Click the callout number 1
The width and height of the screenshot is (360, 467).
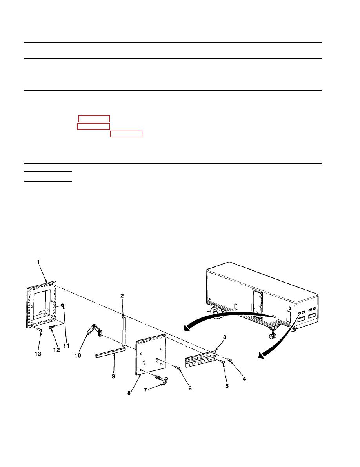38,262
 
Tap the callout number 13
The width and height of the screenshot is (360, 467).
38,354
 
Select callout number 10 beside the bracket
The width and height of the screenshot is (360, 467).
77,355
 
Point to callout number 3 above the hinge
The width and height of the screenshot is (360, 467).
225,337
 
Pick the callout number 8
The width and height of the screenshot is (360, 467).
129,393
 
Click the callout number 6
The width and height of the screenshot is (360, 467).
190,389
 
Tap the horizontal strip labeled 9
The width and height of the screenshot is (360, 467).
111,353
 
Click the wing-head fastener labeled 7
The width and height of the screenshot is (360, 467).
161,379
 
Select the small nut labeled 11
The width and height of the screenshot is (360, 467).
63,306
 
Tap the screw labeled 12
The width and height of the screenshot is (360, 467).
51,327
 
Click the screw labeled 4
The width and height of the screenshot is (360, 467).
229,360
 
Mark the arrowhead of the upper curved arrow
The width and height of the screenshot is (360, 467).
187,328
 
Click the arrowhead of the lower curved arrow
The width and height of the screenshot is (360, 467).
262,355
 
